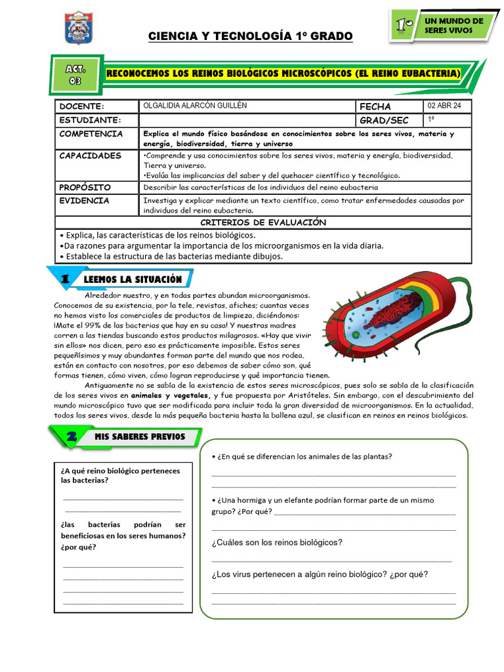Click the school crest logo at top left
(79, 28)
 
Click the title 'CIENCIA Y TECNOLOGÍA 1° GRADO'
(251, 35)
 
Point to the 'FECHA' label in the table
(375, 106)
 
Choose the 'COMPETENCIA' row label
(91, 134)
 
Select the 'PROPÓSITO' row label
(85, 187)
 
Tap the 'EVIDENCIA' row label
(85, 201)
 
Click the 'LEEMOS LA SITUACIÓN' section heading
(133, 280)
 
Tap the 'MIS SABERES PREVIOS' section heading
(139, 436)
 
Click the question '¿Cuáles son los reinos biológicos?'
(276, 543)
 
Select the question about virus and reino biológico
(319, 574)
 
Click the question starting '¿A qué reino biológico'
(119, 475)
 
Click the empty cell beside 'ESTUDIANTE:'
(246, 120)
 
